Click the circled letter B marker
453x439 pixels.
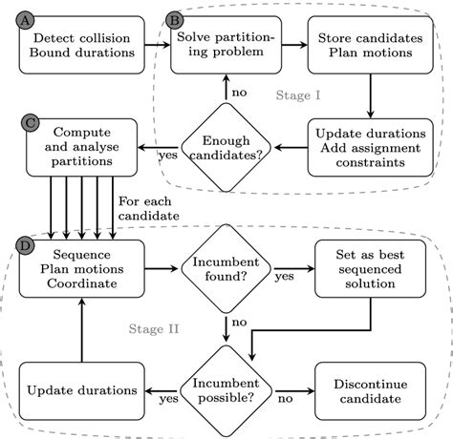click(175, 20)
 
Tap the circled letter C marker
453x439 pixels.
click(28, 121)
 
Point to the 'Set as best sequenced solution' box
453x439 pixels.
click(368, 269)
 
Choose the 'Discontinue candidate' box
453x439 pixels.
click(368, 390)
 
